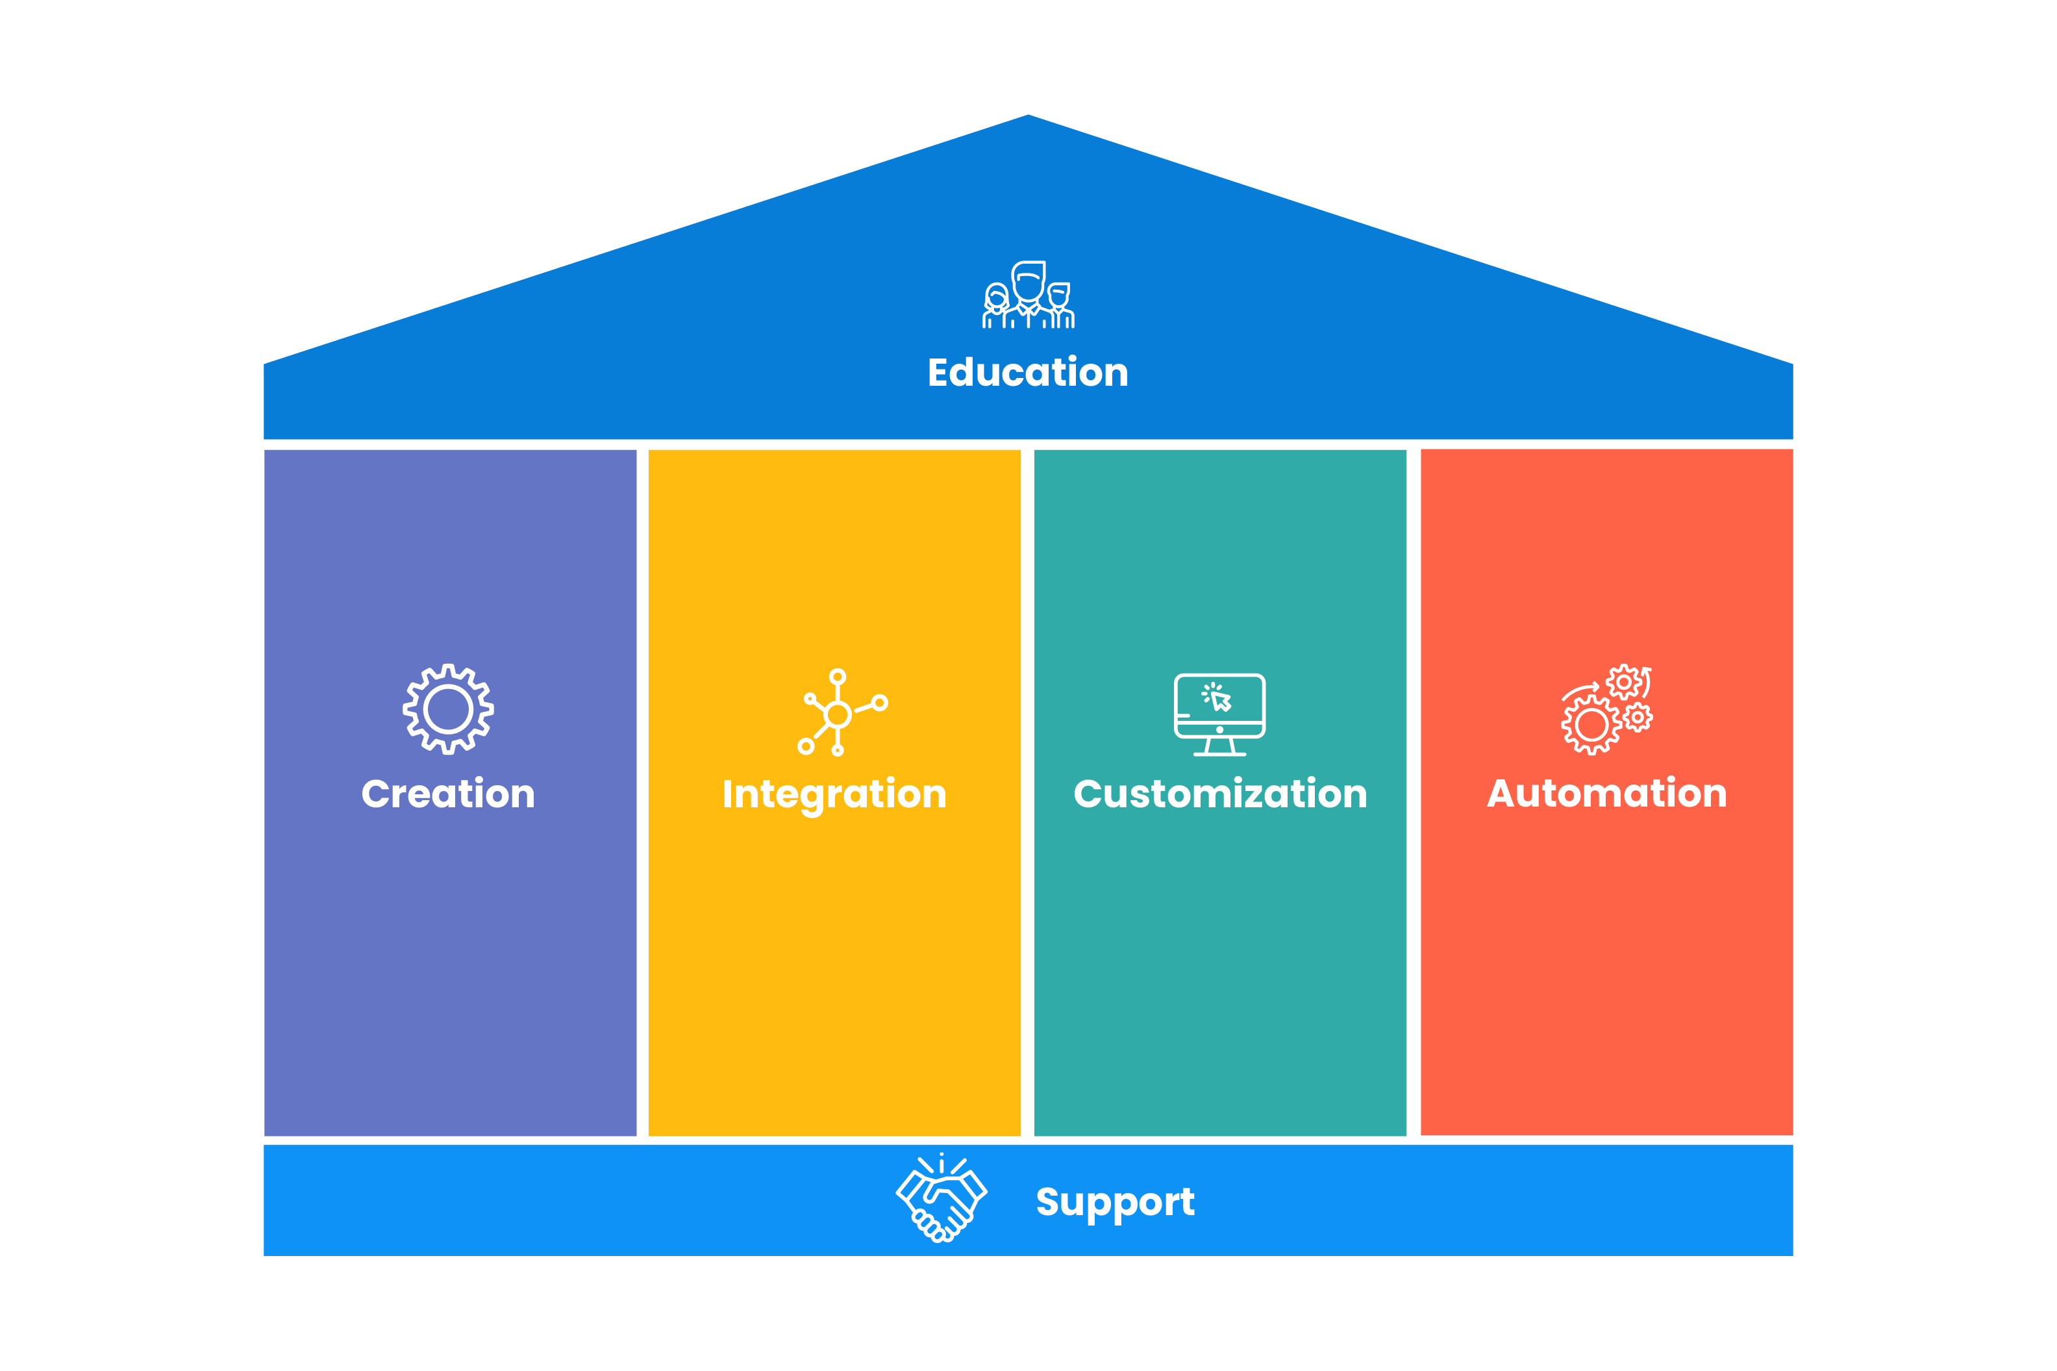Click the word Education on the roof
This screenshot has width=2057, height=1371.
[x=1027, y=373]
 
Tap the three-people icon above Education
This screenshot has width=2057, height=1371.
[x=1027, y=295]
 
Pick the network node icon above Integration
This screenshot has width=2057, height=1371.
[x=840, y=712]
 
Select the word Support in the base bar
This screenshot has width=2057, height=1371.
[x=1115, y=1202]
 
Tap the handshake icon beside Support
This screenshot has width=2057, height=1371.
[x=941, y=1198]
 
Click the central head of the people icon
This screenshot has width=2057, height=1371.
[x=1028, y=281]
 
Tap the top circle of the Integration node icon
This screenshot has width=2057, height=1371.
[x=838, y=677]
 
